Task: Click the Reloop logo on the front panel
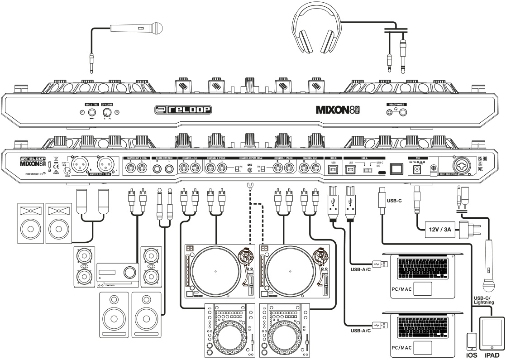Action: (181, 110)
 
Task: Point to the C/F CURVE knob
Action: (107, 113)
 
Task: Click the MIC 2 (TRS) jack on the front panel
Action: (92, 113)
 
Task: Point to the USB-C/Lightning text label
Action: (487, 300)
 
